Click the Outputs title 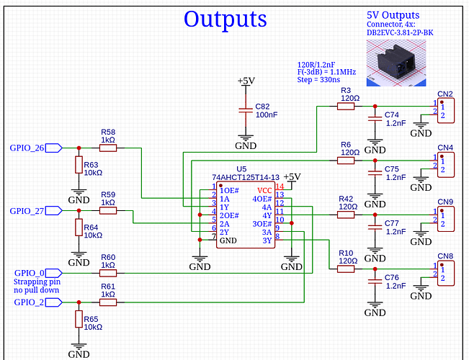point(225,19)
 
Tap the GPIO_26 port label point(27,148)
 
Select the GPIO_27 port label point(27,211)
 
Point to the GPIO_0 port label point(30,273)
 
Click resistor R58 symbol point(108,148)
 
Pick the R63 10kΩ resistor point(79,165)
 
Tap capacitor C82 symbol point(246,112)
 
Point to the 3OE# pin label point(262,224)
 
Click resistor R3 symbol point(346,106)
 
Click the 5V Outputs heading point(393,15)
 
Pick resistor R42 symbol point(346,214)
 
